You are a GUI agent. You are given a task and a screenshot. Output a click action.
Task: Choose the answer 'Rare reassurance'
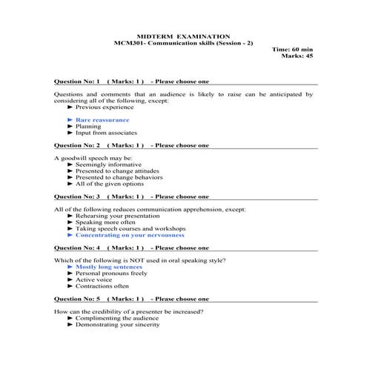point(102,119)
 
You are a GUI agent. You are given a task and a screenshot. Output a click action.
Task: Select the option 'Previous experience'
point(105,107)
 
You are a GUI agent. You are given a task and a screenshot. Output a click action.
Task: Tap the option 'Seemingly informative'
point(108,165)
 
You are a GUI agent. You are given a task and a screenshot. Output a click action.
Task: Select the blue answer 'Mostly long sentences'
point(110,267)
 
